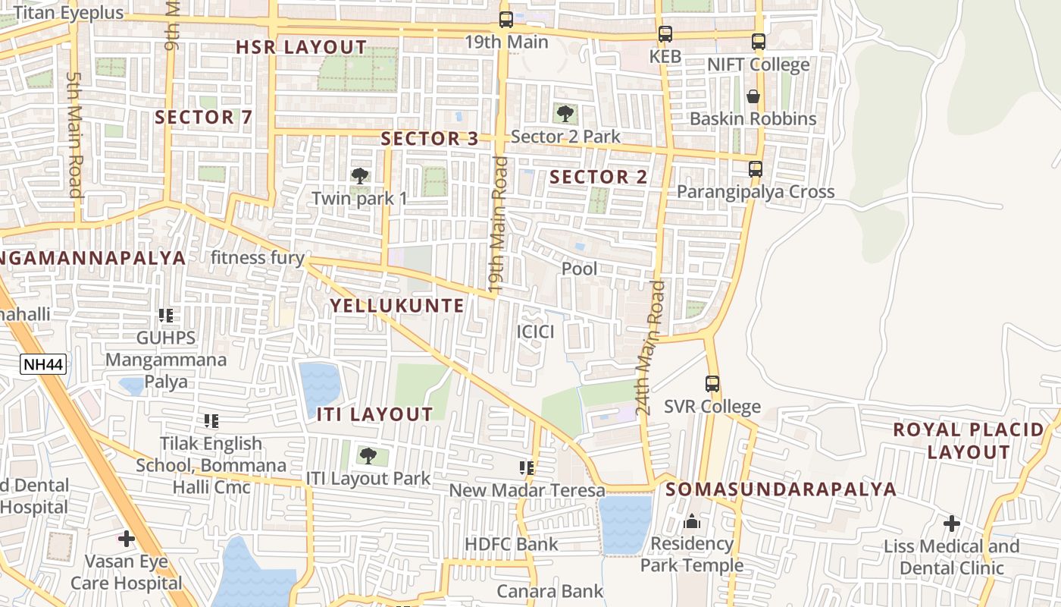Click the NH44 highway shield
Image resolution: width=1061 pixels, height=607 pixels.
(x=43, y=365)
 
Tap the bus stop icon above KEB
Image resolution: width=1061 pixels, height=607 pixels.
(x=665, y=34)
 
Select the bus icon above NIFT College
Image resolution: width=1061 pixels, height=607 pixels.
(x=759, y=42)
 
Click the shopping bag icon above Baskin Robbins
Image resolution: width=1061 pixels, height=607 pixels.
(x=753, y=96)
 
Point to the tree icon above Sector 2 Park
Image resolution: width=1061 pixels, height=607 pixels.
(x=565, y=114)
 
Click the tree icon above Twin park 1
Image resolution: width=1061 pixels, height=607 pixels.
(x=360, y=176)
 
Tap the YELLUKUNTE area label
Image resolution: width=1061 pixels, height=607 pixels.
(x=397, y=306)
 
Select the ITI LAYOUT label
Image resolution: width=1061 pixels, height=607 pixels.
(x=374, y=414)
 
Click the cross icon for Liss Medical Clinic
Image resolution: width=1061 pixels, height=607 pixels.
(x=952, y=524)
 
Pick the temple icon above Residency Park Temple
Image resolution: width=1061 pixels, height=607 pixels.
(x=691, y=521)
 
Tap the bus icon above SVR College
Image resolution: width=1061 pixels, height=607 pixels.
(x=712, y=384)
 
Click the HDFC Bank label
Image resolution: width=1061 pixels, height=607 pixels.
(x=511, y=544)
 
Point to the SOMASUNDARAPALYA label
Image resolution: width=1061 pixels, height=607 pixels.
(x=781, y=489)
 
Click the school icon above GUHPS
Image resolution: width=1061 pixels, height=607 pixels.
(x=166, y=315)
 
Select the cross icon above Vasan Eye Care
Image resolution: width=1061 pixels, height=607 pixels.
(x=127, y=539)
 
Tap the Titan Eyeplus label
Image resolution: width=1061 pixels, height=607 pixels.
(x=68, y=13)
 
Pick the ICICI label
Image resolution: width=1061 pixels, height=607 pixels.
(x=535, y=332)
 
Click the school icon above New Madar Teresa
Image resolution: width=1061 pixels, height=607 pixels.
(x=527, y=468)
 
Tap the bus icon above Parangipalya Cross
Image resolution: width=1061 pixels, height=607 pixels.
(x=756, y=169)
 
